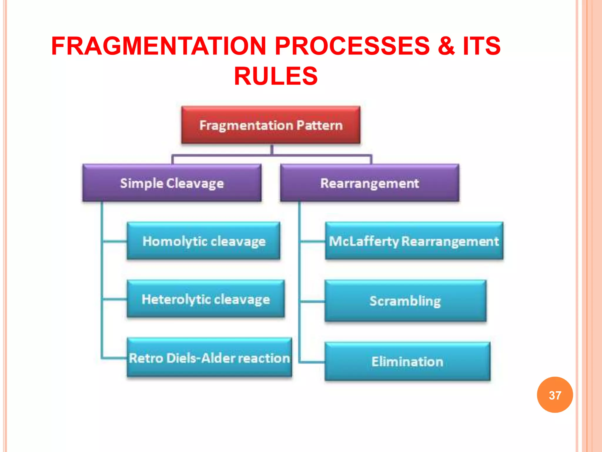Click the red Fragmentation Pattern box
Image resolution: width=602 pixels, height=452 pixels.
(x=271, y=125)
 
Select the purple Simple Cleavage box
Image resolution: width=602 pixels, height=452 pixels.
(x=172, y=183)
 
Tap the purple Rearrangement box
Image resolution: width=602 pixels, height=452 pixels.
(x=369, y=183)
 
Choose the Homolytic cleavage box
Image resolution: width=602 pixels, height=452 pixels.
(x=203, y=241)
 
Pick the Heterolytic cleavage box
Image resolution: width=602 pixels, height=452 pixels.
(x=206, y=299)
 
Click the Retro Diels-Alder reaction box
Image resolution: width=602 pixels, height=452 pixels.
(x=209, y=358)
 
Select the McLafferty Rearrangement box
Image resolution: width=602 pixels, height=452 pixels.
(x=414, y=241)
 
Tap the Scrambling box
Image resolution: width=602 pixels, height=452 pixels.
(x=405, y=301)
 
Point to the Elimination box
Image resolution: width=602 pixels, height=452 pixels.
(x=407, y=361)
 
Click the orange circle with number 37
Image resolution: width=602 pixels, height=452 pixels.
(x=555, y=395)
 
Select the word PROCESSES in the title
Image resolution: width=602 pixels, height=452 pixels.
(x=352, y=46)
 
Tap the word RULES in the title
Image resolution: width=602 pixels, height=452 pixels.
(x=276, y=76)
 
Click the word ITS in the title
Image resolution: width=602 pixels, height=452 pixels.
(x=481, y=46)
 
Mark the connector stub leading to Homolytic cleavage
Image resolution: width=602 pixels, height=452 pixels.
(x=115, y=241)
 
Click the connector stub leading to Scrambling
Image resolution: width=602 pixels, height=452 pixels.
(x=312, y=301)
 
